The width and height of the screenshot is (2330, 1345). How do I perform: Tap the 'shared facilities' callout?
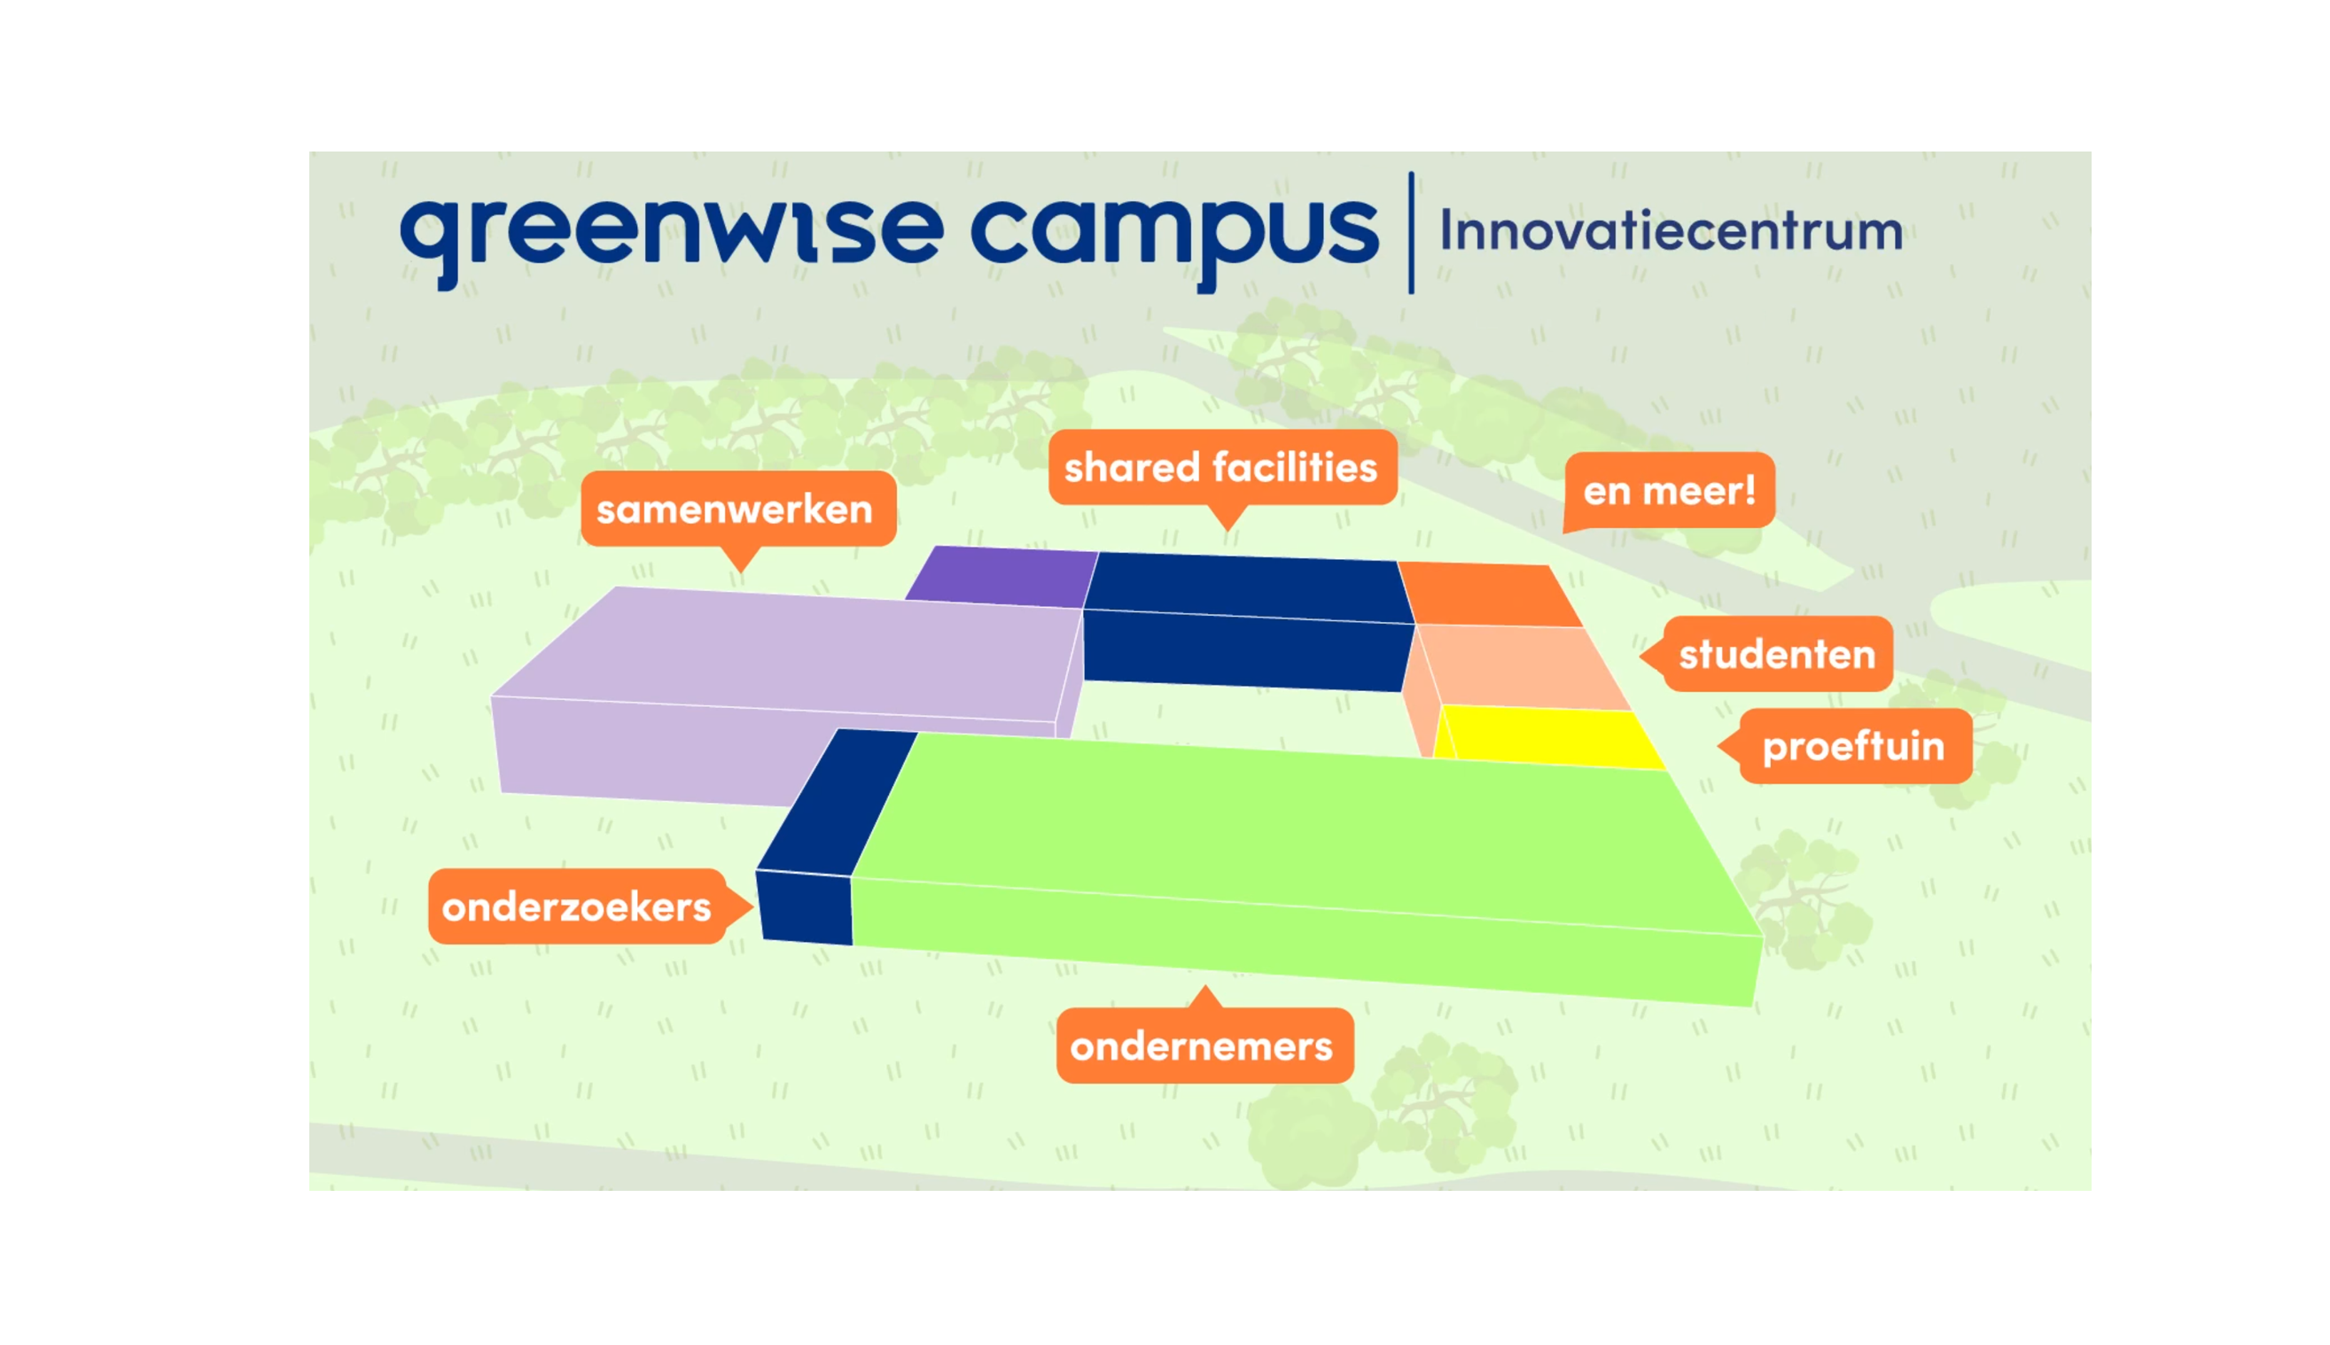[x=1221, y=468]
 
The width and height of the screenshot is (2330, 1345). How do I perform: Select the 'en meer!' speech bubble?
[x=1669, y=491]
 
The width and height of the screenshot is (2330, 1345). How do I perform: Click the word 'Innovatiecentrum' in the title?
[x=1672, y=230]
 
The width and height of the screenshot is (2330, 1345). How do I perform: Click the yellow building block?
[x=1548, y=736]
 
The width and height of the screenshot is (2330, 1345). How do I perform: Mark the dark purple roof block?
[x=1002, y=577]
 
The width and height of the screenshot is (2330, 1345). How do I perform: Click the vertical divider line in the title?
[x=1411, y=232]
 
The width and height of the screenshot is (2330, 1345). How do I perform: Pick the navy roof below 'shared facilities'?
[x=1248, y=621]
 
